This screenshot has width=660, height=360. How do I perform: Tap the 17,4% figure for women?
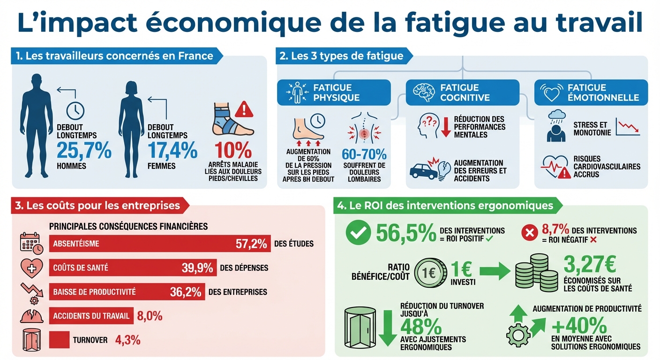tap(172, 150)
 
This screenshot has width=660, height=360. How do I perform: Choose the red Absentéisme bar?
tap(159, 244)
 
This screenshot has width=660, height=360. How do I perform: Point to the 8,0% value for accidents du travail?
tap(150, 316)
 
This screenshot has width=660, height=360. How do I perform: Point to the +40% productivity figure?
tap(579, 326)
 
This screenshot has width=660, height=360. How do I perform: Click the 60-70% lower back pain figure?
tap(365, 154)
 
